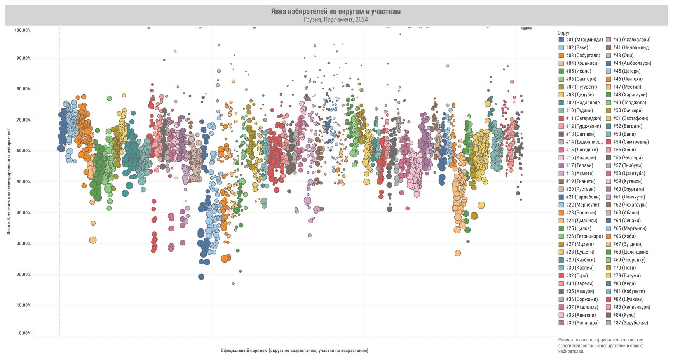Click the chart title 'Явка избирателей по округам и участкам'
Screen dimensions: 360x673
pyautogui.click(x=336, y=12)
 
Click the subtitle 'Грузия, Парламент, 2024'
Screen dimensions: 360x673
pyautogui.click(x=336, y=20)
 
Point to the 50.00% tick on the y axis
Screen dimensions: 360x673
pyautogui.click(x=23, y=182)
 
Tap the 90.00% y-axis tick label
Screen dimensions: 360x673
pyautogui.click(x=23, y=58)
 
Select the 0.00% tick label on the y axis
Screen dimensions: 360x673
pyautogui.click(x=24, y=333)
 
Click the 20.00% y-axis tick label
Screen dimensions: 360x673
pyautogui.click(x=23, y=275)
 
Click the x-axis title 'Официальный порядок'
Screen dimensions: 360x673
pyautogui.click(x=294, y=351)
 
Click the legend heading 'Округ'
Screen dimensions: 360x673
pyautogui.click(x=563, y=33)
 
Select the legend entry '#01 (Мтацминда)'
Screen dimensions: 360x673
pyautogui.click(x=584, y=40)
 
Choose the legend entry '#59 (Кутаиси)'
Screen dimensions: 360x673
pyautogui.click(x=628, y=181)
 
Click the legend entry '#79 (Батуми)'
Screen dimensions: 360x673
pyautogui.click(x=627, y=276)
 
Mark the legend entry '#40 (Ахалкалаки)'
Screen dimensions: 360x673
pyautogui.click(x=631, y=40)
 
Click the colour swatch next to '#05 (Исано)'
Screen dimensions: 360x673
pyautogui.click(x=561, y=71)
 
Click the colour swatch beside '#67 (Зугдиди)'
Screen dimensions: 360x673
pyautogui.click(x=608, y=244)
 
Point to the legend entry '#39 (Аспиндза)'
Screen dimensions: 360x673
pyautogui.click(x=582, y=323)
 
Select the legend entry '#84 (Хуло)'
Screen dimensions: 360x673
pyautogui.click(x=624, y=315)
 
